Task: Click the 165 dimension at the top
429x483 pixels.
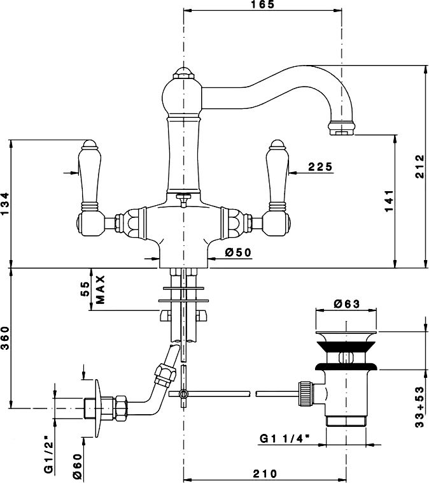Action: coord(262,4)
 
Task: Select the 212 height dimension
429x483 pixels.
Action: coord(419,166)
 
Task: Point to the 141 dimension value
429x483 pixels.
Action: coord(389,201)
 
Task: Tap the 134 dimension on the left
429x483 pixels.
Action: coord(5,204)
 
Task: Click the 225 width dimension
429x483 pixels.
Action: coord(320,167)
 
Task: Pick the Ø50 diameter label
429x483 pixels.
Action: coord(238,252)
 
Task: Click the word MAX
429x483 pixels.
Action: coord(100,290)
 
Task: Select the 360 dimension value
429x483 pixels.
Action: coord(5,338)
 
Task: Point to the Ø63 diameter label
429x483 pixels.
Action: coord(346,304)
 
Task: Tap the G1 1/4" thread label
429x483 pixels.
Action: coord(285,438)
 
